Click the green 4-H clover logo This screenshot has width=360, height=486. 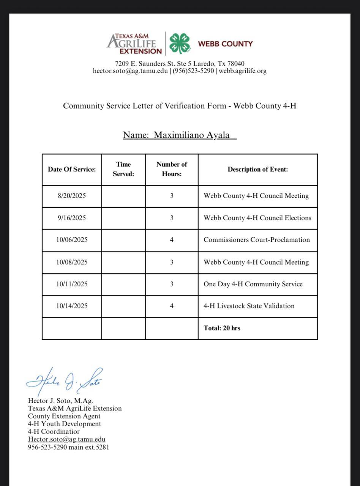coord(180,43)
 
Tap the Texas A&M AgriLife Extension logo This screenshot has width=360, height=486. coord(135,44)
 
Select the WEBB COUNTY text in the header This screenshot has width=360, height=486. coord(225,44)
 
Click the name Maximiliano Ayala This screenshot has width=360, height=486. coord(191,135)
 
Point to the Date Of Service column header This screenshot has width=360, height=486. coord(72,169)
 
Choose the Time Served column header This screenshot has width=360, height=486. coord(123,169)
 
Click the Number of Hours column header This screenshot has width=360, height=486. coord(172,169)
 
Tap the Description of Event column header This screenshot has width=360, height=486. coord(257,169)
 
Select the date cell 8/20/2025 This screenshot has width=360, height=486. coord(72,196)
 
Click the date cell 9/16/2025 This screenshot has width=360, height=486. coord(72,218)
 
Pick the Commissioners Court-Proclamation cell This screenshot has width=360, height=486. coord(257,240)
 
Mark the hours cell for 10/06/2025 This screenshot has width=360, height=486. coord(172,240)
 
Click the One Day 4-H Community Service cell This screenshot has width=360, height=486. coord(253,284)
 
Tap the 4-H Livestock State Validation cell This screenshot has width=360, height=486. coord(249,306)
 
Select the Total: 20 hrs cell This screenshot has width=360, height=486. coord(222,328)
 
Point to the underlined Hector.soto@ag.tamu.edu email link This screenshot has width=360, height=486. coord(66,439)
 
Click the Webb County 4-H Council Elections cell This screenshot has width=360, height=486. coord(257,218)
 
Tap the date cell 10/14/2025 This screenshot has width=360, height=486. coord(72,306)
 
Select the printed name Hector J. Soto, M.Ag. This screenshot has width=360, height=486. coord(60,401)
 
